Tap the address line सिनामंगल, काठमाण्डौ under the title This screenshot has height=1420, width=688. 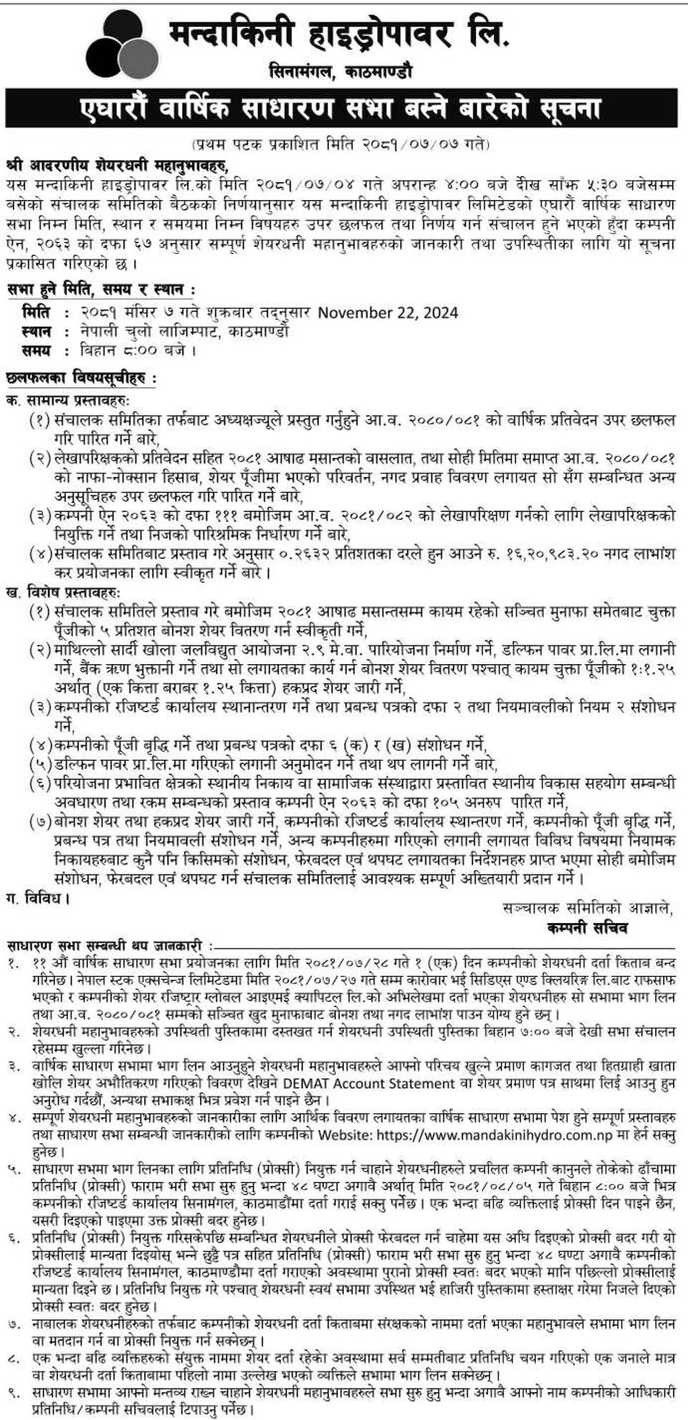click(x=340, y=72)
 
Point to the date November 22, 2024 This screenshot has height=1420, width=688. click(x=388, y=313)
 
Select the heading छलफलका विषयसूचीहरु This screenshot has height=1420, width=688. click(x=80, y=378)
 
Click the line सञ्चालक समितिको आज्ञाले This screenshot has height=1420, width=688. click(x=588, y=908)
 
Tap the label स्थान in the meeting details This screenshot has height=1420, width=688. click(x=37, y=332)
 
